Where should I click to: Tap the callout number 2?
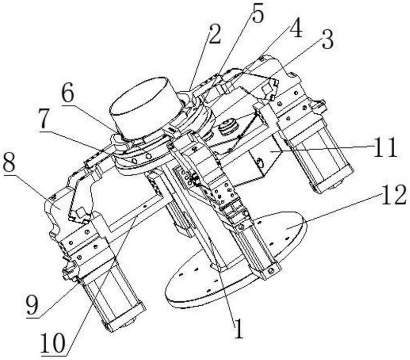(x=215, y=34)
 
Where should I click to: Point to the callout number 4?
(x=296, y=28)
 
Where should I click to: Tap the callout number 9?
(x=32, y=305)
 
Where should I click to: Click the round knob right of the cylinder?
(x=228, y=127)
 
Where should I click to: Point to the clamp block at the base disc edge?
(x=270, y=272)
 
